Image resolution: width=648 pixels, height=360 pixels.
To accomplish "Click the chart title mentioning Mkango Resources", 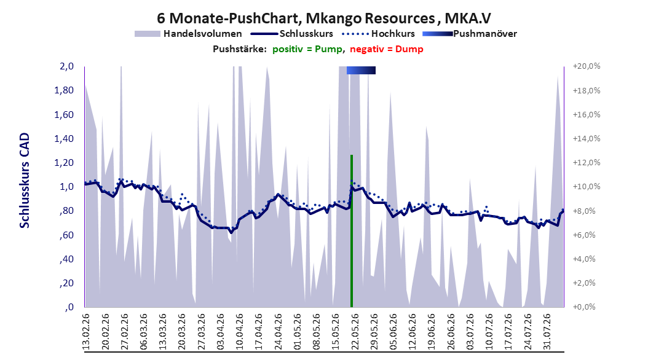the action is [323, 18].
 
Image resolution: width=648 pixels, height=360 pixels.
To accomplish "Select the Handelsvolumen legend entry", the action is [188, 34].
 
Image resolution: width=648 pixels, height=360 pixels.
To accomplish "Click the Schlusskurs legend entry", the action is [292, 34].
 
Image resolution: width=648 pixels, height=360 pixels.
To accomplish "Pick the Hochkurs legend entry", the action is [379, 34].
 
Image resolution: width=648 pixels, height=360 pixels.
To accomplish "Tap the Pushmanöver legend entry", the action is [470, 34].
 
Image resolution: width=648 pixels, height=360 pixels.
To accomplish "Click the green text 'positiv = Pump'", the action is [307, 49].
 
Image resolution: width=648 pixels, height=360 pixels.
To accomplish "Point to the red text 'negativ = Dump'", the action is [387, 49].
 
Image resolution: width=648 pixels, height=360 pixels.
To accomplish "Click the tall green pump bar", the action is [351, 231].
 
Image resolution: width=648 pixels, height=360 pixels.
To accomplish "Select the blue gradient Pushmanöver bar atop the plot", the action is [361, 71].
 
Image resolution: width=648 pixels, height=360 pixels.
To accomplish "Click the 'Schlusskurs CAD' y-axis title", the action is [25, 181].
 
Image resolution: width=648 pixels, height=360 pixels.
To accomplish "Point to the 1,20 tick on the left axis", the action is [64, 163].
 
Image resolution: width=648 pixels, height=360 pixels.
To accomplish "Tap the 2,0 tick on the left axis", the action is [66, 66].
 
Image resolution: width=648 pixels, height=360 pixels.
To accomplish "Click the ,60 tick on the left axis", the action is [66, 235].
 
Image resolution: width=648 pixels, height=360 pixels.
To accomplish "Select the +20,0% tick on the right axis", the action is [587, 66].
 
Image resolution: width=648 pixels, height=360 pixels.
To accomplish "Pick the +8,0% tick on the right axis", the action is [587, 211].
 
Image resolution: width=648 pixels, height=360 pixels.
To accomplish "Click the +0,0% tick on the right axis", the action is [587, 307].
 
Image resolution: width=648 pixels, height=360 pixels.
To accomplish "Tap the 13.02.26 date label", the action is [86, 332].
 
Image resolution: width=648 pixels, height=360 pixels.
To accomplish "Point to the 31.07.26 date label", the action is [547, 332].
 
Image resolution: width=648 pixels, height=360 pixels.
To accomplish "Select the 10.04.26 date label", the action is [239, 332].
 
